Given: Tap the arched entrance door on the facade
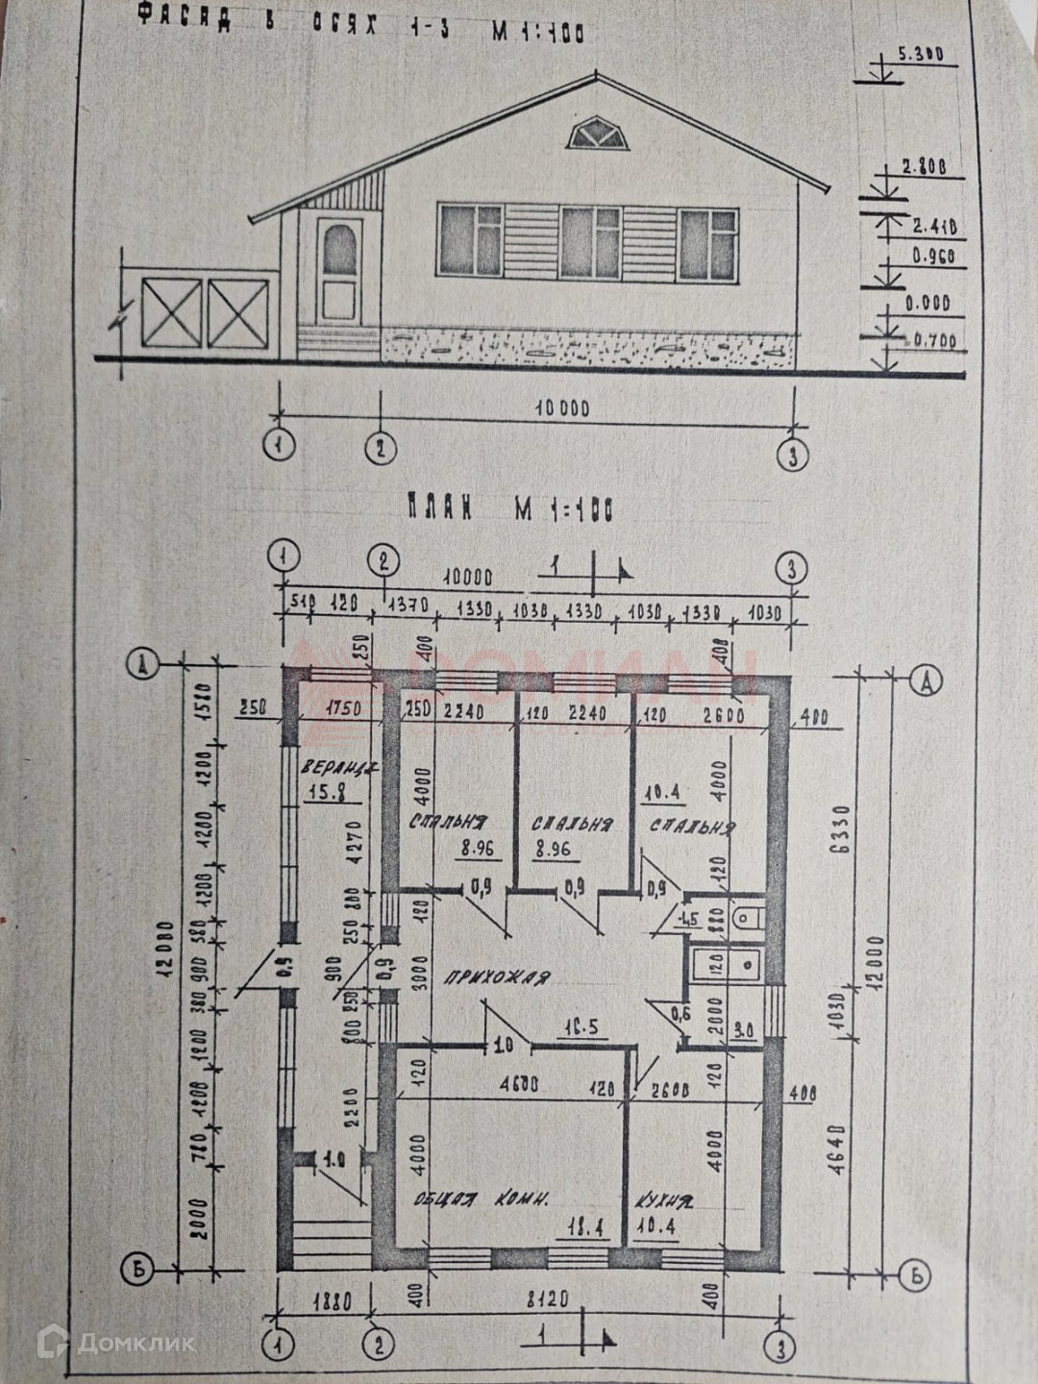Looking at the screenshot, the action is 339,269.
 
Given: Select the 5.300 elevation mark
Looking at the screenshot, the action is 921,55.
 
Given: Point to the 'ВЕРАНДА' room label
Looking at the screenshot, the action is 337,768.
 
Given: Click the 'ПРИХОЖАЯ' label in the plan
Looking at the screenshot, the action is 497,977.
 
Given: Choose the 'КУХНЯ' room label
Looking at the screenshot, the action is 662,1200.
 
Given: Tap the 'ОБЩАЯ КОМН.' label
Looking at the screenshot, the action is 482,1199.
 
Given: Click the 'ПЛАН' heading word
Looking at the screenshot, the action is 438,508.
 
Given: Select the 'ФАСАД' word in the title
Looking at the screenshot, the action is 184,18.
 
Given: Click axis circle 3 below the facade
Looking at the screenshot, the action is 792,455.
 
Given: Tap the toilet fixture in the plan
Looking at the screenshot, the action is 745,919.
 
